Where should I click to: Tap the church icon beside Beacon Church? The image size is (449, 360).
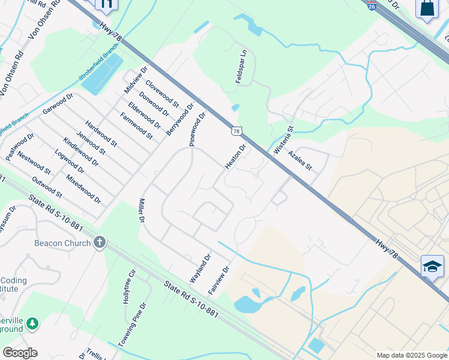(100, 243)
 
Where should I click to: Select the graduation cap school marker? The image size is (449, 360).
(432, 266)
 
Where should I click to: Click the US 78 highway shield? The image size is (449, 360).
(237, 131)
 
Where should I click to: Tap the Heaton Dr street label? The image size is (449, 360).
(235, 157)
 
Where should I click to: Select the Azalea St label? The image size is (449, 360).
(300, 160)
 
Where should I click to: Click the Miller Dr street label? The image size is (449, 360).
(142, 211)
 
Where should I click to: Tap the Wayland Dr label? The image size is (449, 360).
(200, 268)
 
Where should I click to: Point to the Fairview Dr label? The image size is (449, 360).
(219, 279)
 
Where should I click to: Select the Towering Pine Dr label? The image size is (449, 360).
(133, 324)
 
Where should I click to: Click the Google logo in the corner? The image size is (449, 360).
(20, 352)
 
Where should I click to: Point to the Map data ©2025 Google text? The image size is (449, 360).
(411, 355)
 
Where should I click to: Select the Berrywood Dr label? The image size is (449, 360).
(180, 119)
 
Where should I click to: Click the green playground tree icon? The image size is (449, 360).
(32, 324)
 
